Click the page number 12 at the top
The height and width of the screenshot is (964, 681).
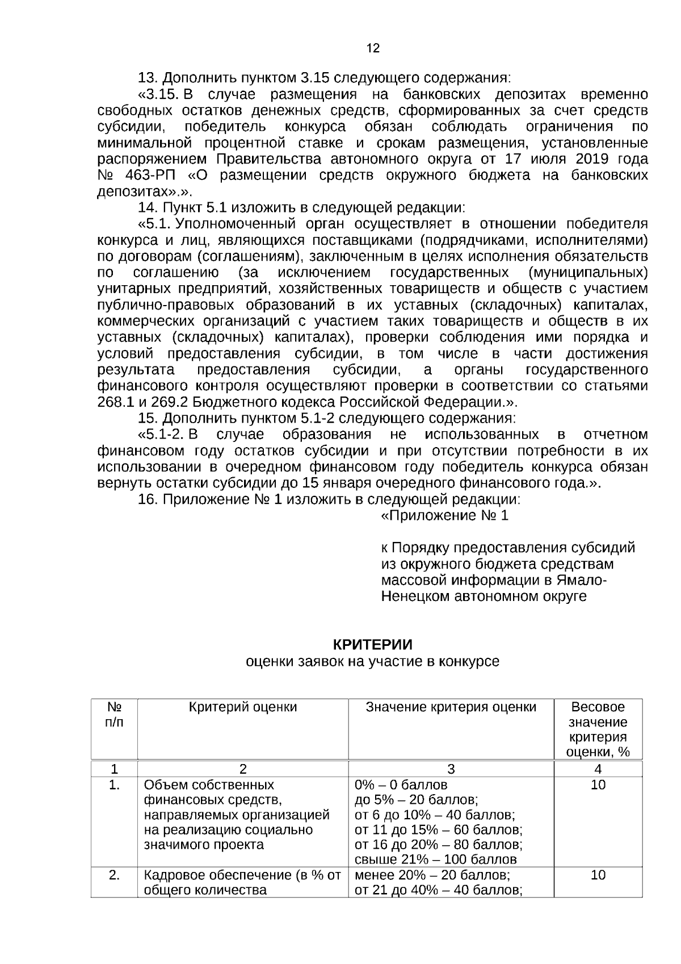(x=373, y=48)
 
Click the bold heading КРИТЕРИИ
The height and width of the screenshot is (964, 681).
(x=372, y=645)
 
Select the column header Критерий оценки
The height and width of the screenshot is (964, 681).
(x=242, y=707)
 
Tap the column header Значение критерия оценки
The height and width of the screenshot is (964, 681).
(x=451, y=707)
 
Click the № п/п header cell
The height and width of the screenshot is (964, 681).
(x=114, y=715)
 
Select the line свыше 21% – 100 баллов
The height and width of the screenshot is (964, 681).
(x=435, y=859)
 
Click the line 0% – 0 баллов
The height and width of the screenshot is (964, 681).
(x=401, y=785)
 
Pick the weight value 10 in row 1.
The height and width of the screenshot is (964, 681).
(x=598, y=785)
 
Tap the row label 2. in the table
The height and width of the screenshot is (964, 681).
(x=114, y=875)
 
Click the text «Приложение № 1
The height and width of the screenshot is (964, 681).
(x=444, y=515)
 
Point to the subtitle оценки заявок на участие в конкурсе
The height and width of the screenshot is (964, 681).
(x=372, y=661)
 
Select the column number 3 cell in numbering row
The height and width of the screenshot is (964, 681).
(x=451, y=769)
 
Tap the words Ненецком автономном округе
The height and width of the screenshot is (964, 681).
(x=484, y=596)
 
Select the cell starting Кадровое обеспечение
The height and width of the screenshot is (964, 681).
(x=242, y=883)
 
